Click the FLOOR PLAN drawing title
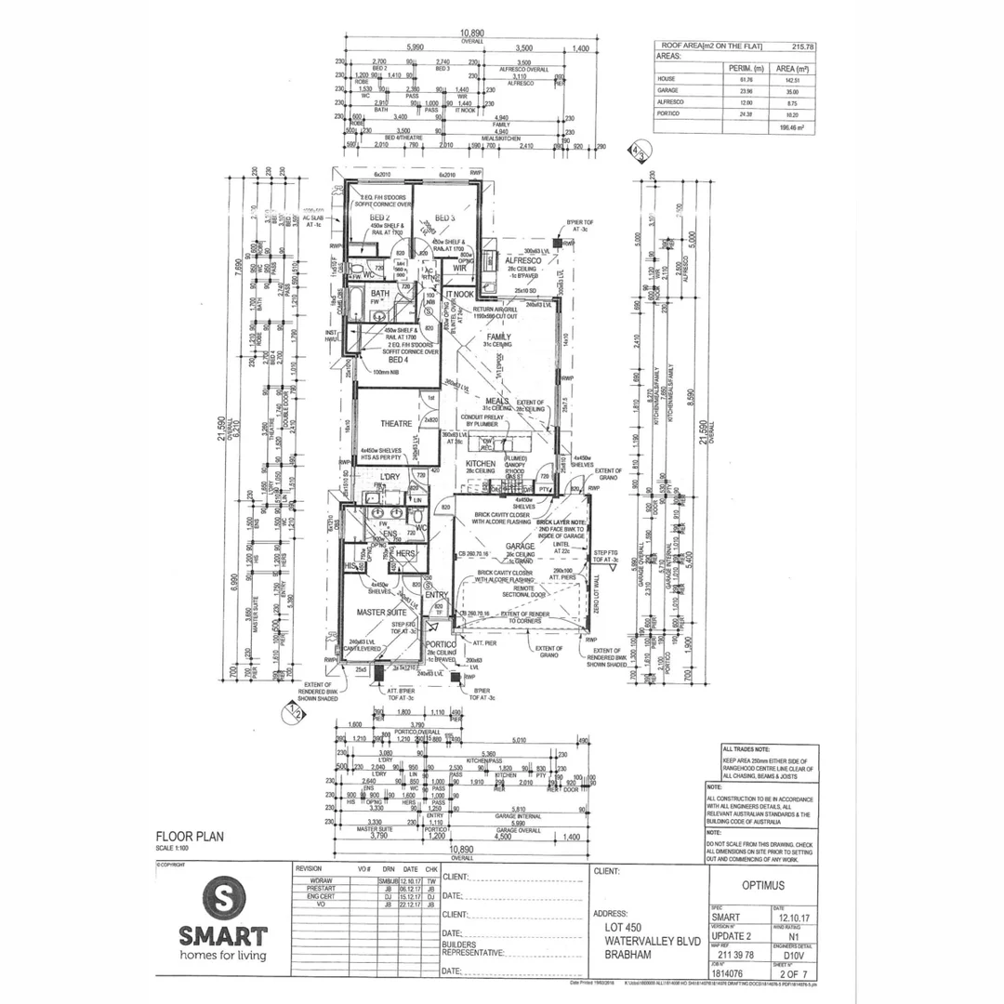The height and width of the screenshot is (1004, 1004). point(190,837)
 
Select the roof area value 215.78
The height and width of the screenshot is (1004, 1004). point(801,46)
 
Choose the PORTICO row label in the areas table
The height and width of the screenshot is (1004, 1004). point(670,113)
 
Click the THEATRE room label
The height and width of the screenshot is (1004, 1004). point(395,423)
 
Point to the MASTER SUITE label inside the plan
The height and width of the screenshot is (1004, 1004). point(383,614)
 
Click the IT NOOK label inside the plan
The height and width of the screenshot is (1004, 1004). point(459,295)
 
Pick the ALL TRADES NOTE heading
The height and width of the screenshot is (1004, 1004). point(745,748)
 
